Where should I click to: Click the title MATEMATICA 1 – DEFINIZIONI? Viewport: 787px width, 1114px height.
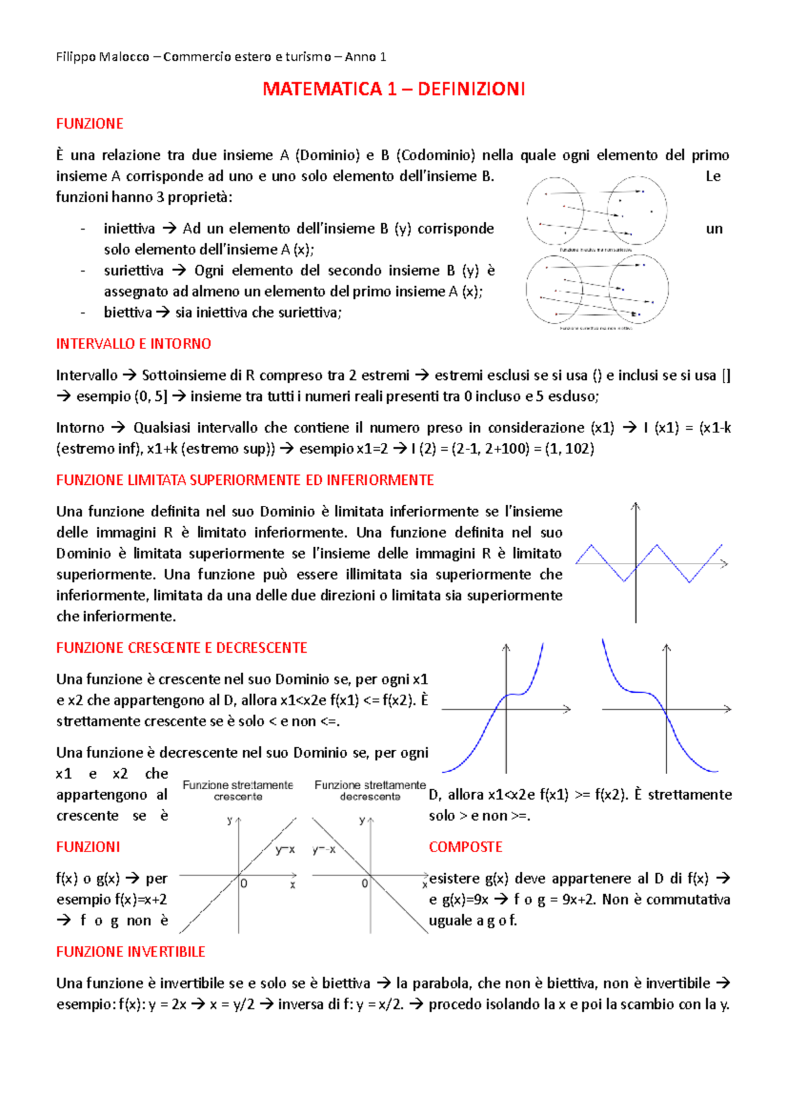[x=393, y=89]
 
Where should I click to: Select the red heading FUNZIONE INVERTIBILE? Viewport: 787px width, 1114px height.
[x=131, y=952]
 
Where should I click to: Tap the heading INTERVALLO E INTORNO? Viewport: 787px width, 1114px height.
[x=133, y=344]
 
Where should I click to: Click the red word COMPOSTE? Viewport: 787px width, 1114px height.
[x=465, y=847]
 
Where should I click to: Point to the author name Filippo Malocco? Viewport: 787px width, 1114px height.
[x=102, y=57]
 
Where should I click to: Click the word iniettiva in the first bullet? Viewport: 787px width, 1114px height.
[x=129, y=229]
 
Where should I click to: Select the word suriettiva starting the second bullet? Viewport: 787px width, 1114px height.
[x=133, y=271]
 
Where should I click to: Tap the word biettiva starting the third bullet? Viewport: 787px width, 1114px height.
[x=127, y=313]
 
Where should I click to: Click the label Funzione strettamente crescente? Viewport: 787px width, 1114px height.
[x=237, y=791]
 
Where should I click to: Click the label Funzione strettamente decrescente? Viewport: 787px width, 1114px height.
[x=370, y=791]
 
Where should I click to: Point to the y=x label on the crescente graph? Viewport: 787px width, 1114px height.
[x=285, y=850]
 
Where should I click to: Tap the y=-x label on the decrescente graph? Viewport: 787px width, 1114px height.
[x=324, y=850]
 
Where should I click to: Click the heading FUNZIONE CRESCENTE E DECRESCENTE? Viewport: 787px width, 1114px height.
[x=182, y=648]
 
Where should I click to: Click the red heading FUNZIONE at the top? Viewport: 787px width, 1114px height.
[x=89, y=124]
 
